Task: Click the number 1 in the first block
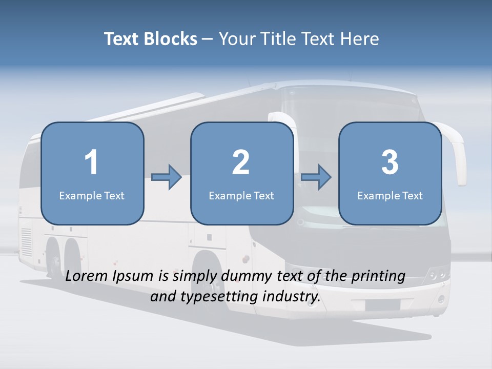(92, 162)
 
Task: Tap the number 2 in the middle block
(241, 162)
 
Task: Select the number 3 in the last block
(390, 162)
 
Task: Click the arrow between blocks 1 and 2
(167, 177)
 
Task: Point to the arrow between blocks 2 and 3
(316, 177)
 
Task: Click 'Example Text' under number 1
(92, 195)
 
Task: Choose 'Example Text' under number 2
(241, 195)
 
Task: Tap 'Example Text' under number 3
(390, 195)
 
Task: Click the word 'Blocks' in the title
(170, 39)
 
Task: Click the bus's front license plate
(382, 305)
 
